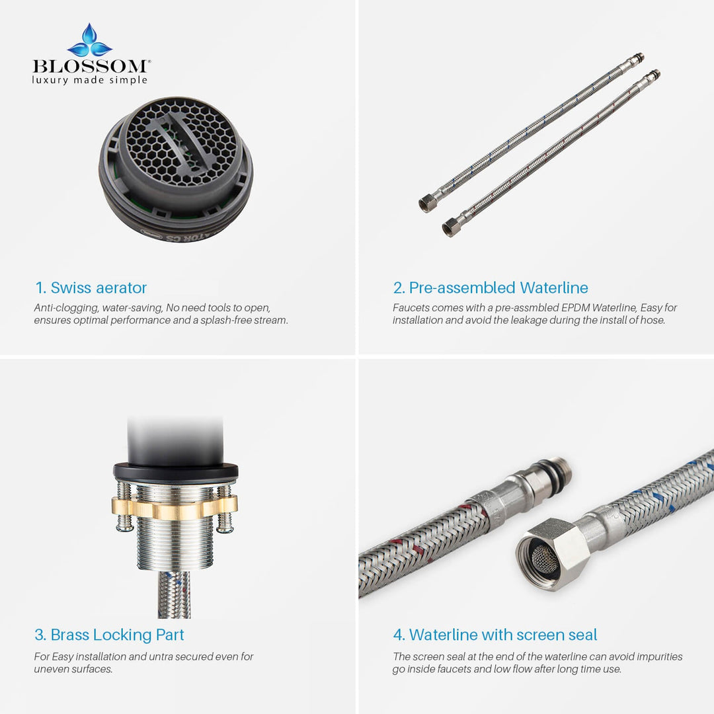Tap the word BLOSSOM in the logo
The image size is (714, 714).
click(90, 67)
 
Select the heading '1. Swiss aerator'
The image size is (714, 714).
click(91, 288)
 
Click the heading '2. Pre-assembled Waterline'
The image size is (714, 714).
click(491, 288)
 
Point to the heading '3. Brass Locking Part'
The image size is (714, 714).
click(109, 635)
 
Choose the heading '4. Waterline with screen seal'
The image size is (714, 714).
click(495, 635)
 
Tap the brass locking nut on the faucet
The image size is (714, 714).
click(175, 507)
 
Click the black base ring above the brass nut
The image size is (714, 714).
click(176, 473)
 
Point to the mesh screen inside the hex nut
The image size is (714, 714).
click(545, 558)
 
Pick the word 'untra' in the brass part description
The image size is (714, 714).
click(162, 656)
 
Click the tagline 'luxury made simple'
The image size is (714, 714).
click(90, 81)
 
